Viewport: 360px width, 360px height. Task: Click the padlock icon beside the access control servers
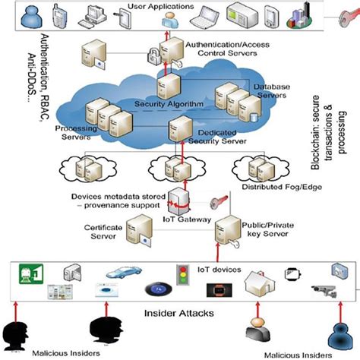click(155, 55)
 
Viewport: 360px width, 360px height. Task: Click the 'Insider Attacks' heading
click(179, 312)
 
